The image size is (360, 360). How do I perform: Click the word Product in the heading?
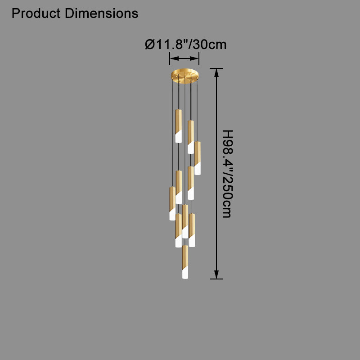[36, 13]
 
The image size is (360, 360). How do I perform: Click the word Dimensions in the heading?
[102, 13]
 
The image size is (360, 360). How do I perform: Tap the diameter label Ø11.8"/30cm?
[185, 44]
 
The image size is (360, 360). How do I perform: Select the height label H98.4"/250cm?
[228, 174]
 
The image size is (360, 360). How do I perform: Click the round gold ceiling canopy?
[185, 75]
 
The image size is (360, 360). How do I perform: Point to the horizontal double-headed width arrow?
[184, 58]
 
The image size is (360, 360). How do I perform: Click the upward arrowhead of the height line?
[216, 72]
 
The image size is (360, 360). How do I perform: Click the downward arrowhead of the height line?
[216, 274]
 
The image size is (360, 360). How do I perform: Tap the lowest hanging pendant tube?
[185, 262]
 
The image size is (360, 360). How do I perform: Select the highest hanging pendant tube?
[178, 126]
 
